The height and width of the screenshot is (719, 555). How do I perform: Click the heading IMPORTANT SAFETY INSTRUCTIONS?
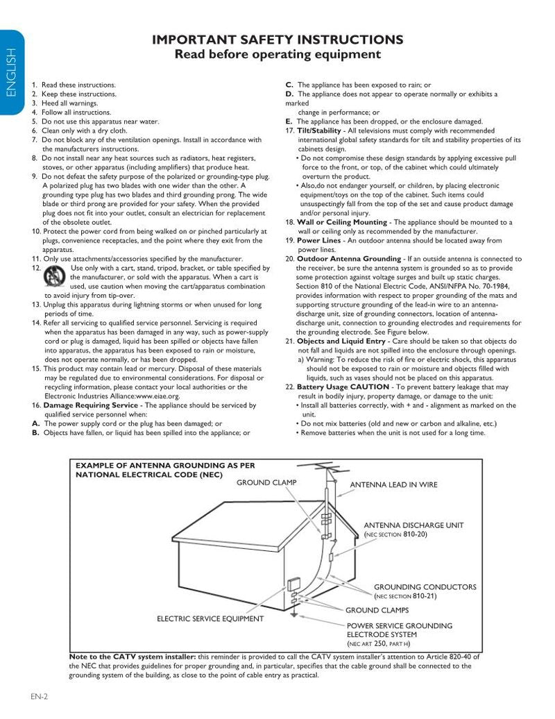[277, 40]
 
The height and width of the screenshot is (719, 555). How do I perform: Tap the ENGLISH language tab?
[10, 73]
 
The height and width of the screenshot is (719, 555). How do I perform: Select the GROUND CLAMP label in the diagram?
[266, 482]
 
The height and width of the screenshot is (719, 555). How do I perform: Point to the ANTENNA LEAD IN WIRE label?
[393, 484]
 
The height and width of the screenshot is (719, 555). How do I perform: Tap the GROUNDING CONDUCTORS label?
[425, 587]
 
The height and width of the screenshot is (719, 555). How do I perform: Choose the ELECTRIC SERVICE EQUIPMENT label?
[210, 618]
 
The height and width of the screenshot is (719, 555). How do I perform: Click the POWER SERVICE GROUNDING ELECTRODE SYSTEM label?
[399, 629]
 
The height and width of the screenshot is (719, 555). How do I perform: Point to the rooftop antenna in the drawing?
[328, 473]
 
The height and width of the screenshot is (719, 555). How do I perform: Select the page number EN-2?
[38, 696]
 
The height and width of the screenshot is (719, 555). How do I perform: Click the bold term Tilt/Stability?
[318, 130]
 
